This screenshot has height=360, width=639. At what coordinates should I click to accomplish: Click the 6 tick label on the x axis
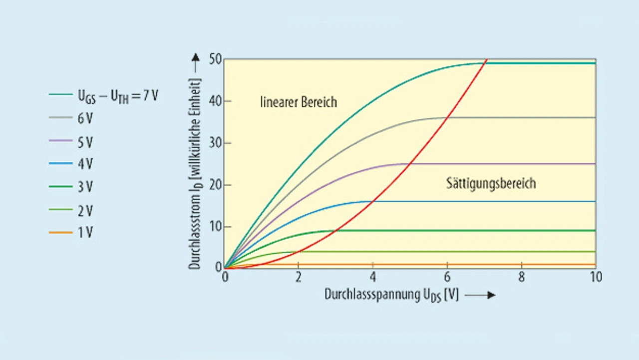(447, 278)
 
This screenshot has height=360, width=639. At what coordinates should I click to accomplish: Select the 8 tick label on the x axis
(521, 278)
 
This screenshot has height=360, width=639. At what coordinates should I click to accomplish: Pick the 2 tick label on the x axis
(299, 278)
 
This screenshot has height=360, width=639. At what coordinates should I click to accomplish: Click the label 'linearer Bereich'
(299, 102)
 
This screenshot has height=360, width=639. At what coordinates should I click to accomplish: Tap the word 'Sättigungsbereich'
(491, 183)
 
